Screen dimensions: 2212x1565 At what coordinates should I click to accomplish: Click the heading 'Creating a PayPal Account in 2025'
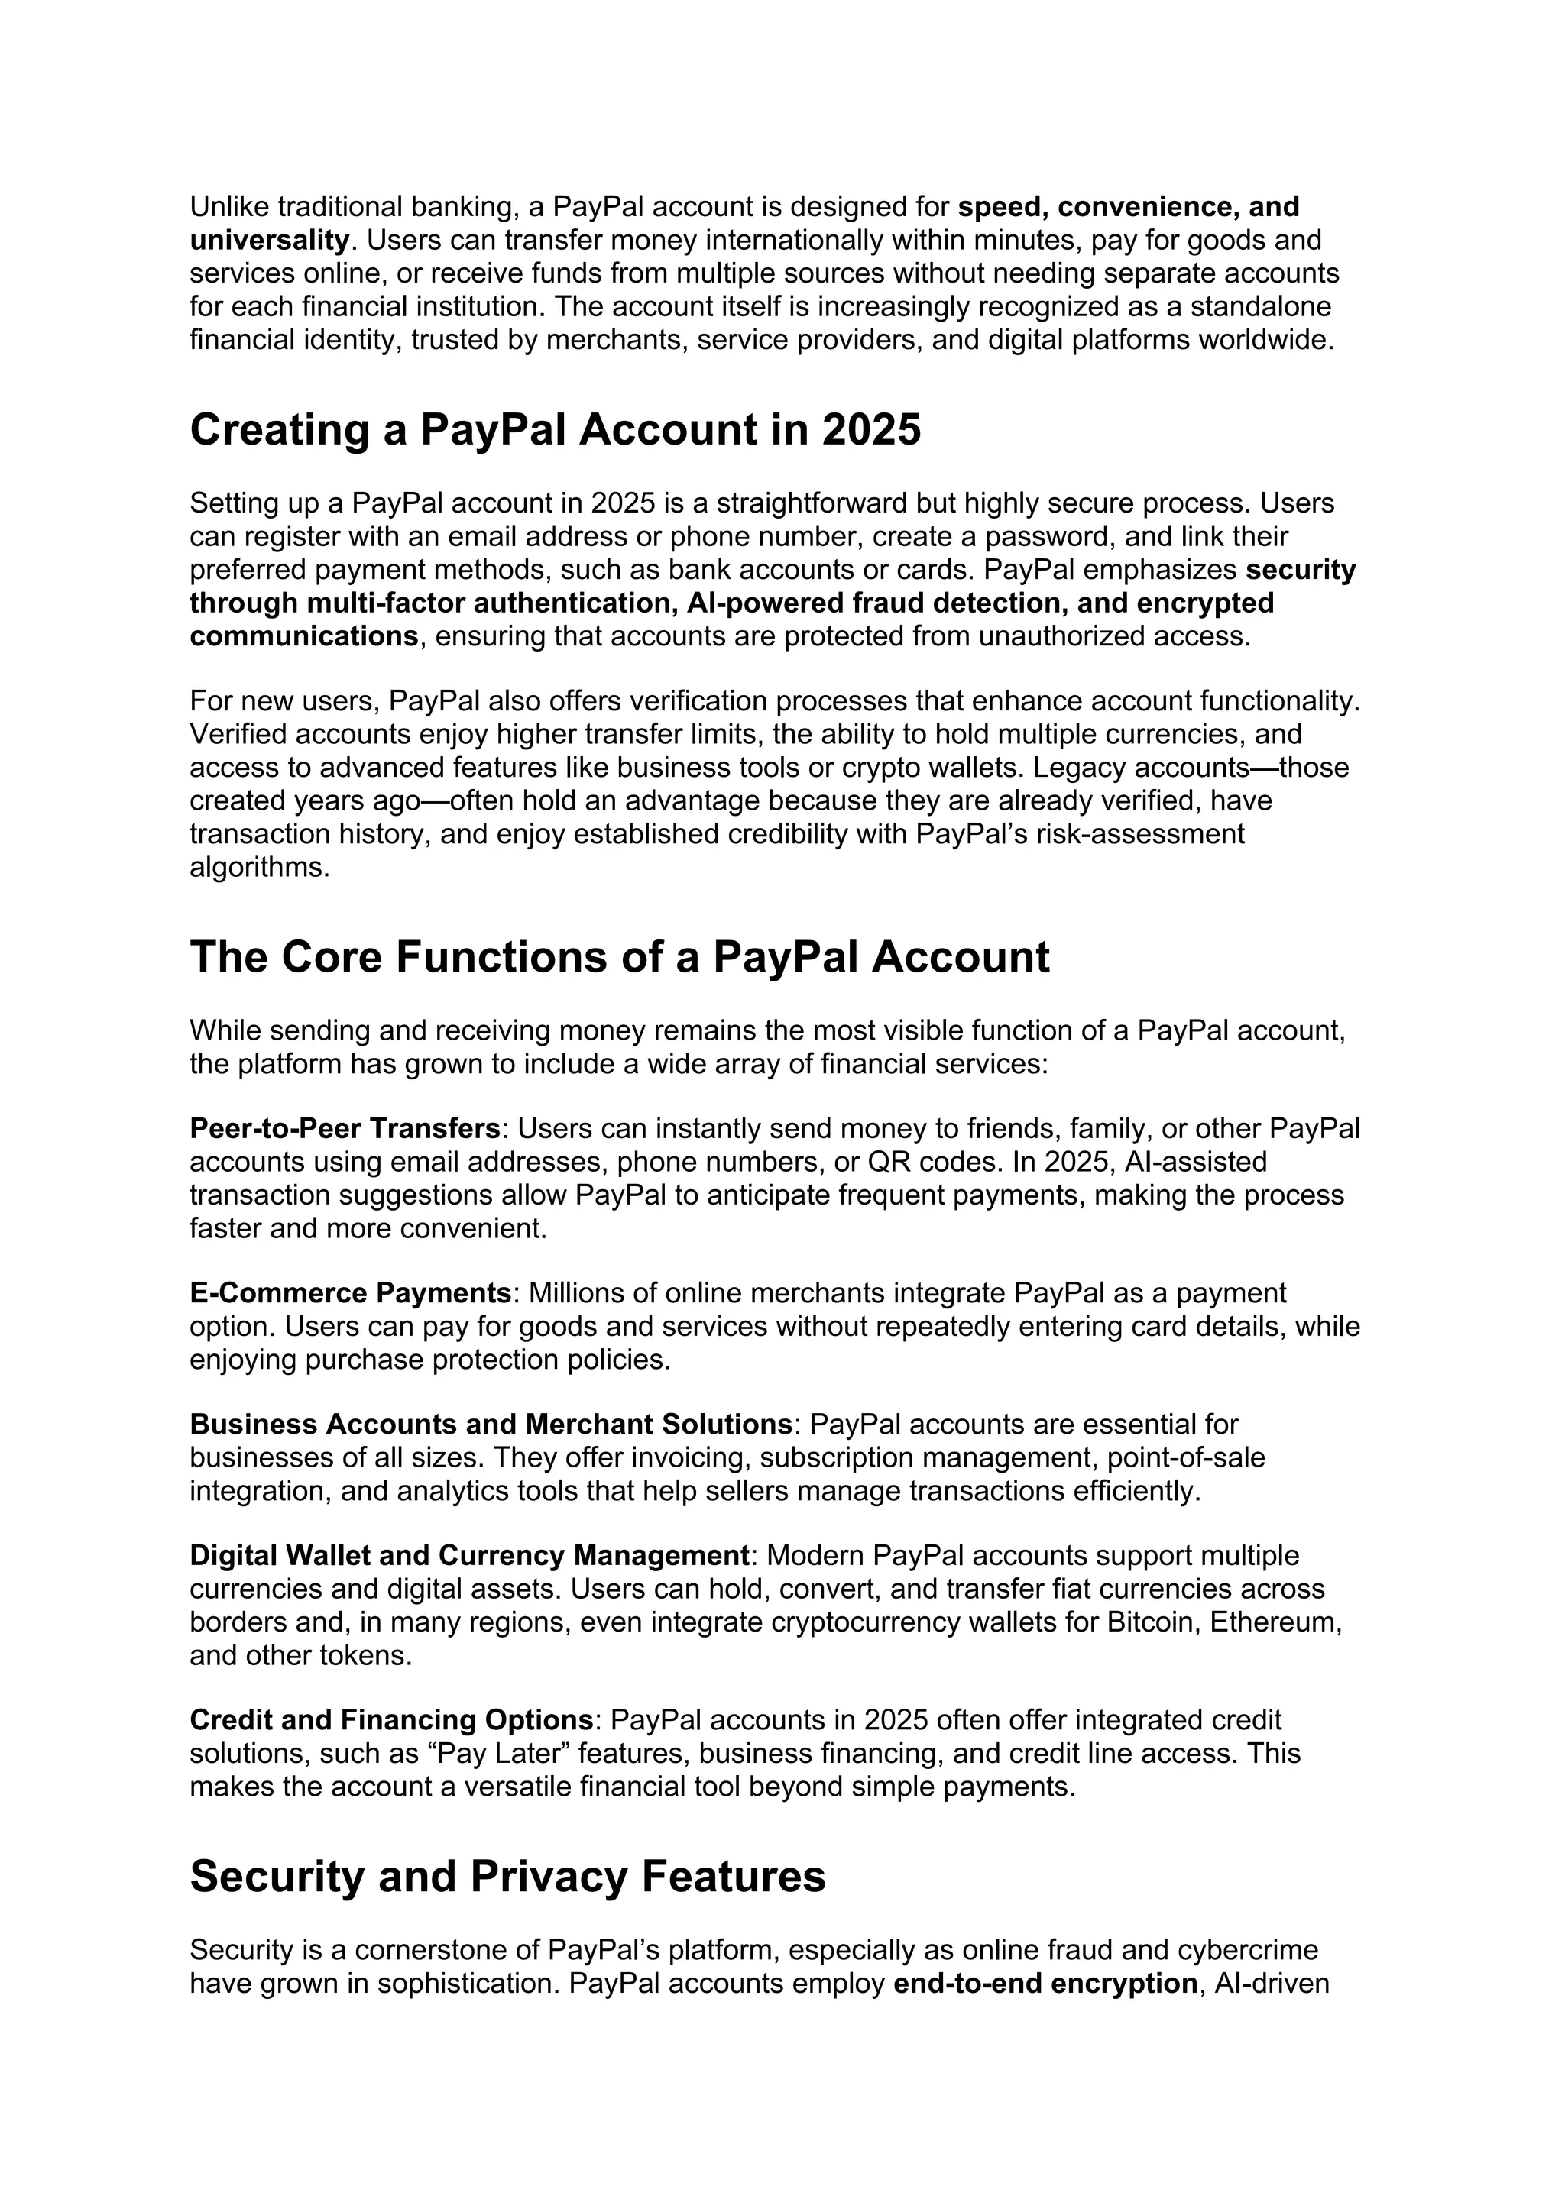[555, 430]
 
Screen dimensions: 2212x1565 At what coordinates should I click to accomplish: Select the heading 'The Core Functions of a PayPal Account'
[619, 956]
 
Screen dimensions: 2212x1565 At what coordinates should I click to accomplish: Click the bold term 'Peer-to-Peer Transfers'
[345, 1128]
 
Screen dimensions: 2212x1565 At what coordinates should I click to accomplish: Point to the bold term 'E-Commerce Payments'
[350, 1293]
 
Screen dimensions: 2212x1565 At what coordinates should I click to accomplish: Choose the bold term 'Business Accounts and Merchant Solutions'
[491, 1424]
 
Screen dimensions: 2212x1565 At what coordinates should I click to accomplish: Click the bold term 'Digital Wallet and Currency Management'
[469, 1556]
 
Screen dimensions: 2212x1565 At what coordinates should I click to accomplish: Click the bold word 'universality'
[269, 240]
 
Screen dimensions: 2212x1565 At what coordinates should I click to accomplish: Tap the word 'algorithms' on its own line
[259, 867]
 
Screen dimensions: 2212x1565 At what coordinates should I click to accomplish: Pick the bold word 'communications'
[303, 637]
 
